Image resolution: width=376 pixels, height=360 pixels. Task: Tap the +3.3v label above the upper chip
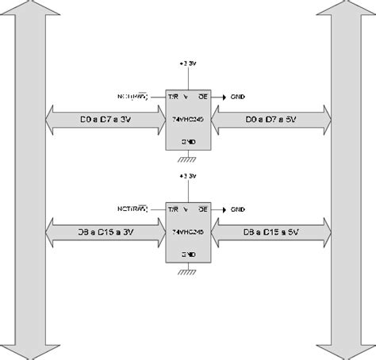coord(187,61)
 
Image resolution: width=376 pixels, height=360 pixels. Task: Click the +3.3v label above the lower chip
coord(187,174)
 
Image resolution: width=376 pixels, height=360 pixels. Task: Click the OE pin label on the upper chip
coord(203,96)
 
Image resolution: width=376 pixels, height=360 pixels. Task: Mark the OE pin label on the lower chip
coord(203,209)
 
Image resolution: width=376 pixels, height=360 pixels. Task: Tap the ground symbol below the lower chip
coord(188,272)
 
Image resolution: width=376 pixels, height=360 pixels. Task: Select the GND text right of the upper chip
coord(238,96)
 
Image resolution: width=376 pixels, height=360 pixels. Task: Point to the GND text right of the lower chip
coord(238,209)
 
